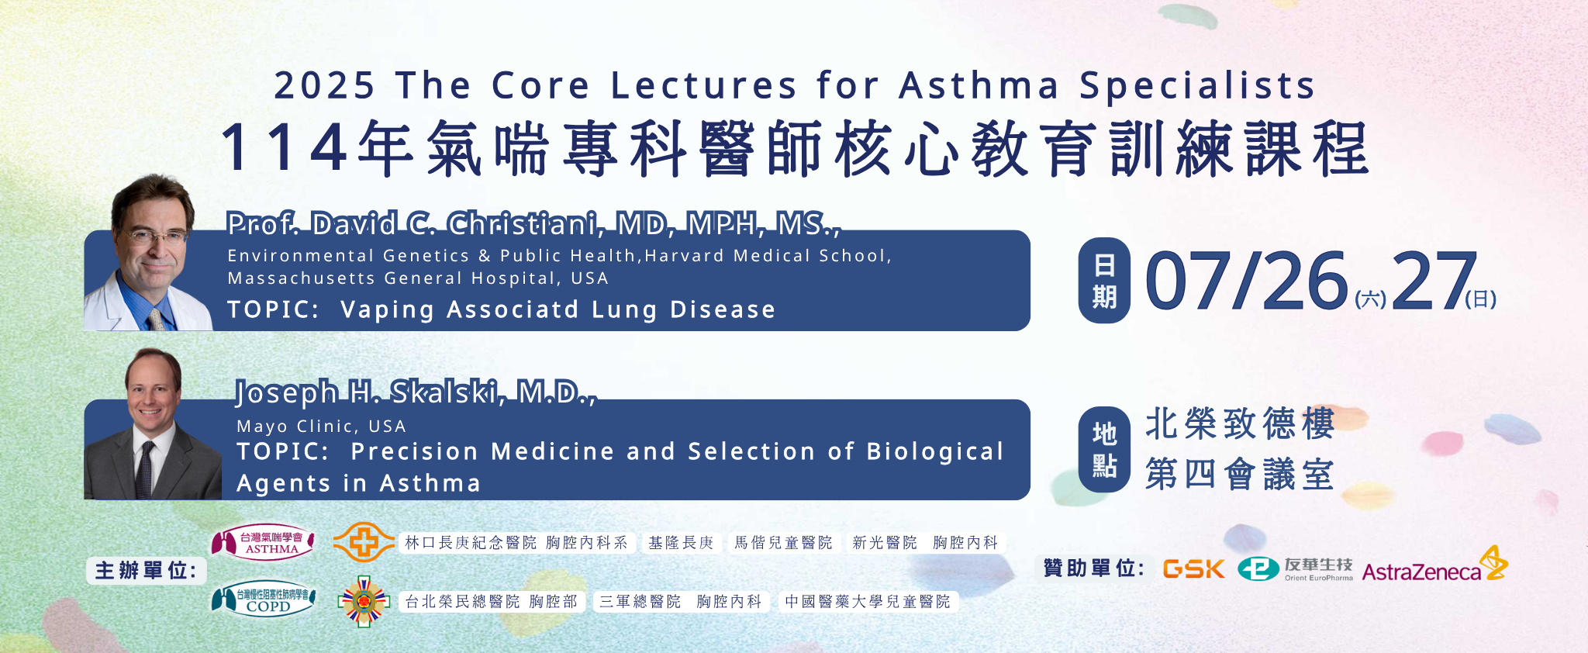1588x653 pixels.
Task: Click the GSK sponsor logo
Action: [1193, 569]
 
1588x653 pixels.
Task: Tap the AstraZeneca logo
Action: [1434, 565]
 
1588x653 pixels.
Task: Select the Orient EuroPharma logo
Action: [1295, 568]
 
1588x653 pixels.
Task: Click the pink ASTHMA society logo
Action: [263, 542]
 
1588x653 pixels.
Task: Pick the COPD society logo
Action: [263, 599]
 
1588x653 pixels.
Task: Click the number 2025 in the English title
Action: [324, 85]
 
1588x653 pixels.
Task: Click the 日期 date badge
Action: [1104, 280]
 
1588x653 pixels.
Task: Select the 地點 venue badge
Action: [1104, 449]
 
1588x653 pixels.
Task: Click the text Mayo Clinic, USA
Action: [321, 426]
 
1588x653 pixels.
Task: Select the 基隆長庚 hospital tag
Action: [681, 543]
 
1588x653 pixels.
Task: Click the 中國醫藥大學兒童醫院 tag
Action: [868, 602]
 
